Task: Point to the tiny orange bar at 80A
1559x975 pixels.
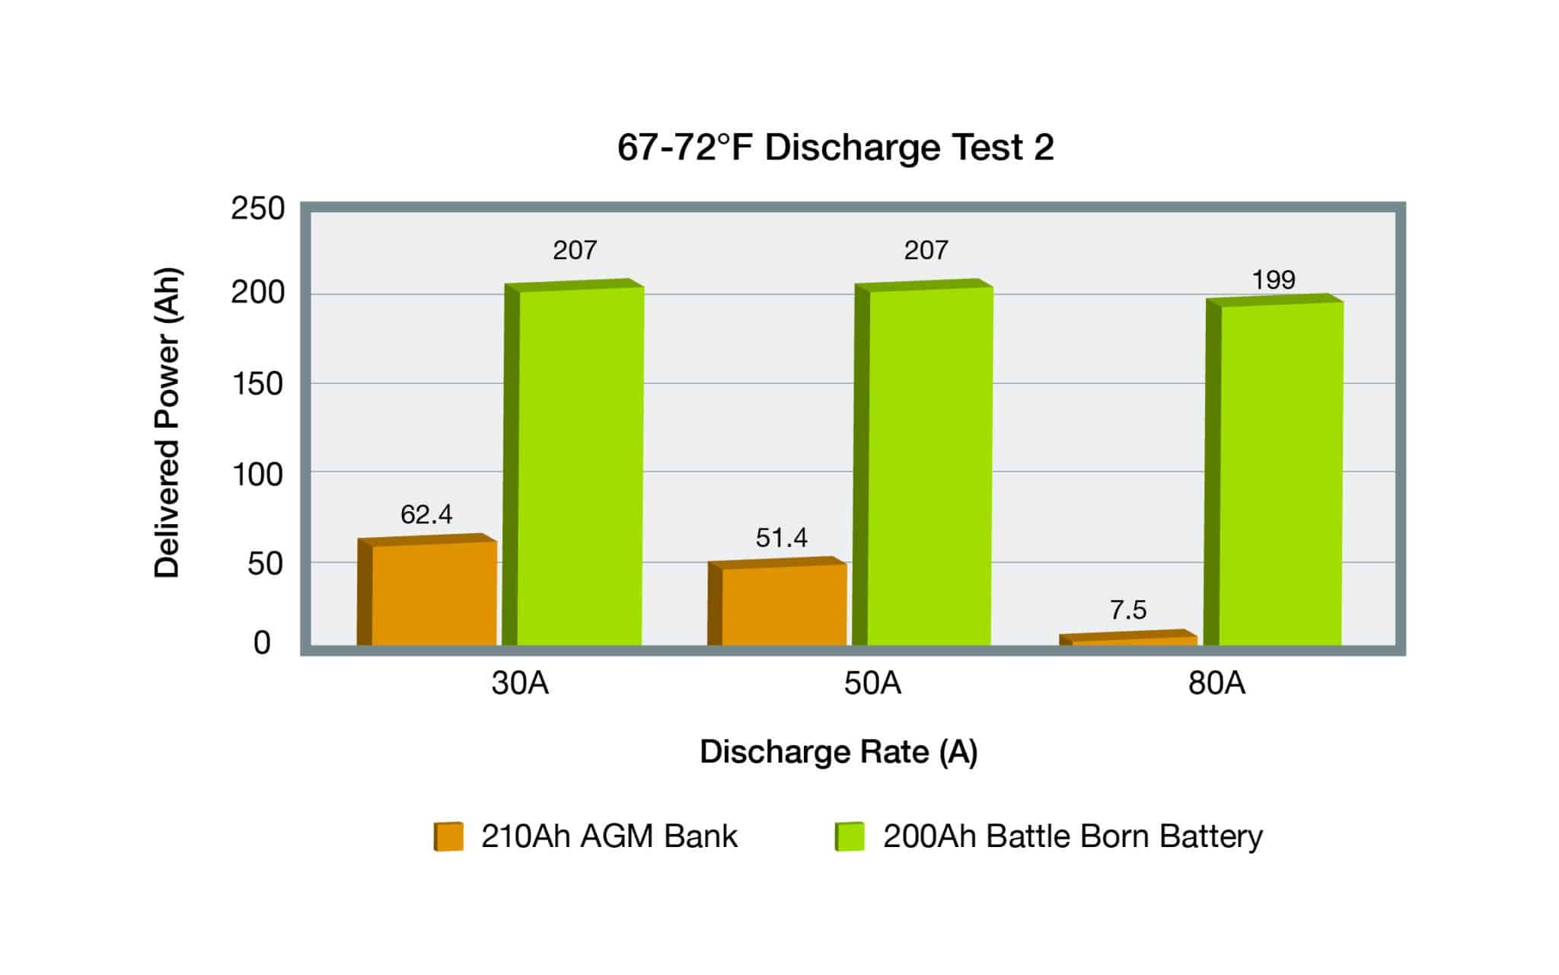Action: pos(1130,639)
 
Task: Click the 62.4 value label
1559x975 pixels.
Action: pos(426,515)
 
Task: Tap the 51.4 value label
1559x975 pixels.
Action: pos(781,539)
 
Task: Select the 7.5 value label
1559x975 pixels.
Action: pos(1127,610)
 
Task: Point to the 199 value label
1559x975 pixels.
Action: pos(1274,280)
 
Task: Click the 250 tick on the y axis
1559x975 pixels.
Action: pos(258,209)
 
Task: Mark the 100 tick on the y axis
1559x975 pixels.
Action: pos(258,475)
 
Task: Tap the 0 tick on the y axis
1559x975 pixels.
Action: pos(262,644)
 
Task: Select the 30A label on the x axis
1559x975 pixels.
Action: pos(520,683)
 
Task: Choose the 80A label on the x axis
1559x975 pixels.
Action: pos(1216,683)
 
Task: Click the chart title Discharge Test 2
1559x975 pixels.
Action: pos(835,147)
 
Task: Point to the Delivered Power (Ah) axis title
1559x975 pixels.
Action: pos(167,423)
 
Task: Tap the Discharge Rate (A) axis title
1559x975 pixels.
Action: pos(838,752)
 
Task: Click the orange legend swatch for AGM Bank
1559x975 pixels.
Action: pos(448,836)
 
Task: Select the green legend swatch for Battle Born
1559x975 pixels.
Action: pos(850,836)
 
